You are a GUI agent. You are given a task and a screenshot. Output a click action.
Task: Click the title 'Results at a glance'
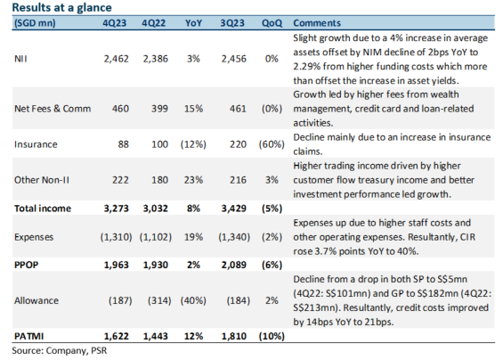[62, 7]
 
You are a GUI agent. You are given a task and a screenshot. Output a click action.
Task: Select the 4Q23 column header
[115, 23]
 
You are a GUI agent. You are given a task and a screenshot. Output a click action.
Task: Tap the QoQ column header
[272, 23]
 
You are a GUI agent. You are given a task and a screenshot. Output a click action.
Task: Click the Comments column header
[317, 23]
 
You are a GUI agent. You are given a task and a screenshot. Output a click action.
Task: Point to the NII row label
[20, 59]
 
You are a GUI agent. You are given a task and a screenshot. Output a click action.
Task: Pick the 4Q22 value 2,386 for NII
[156, 59]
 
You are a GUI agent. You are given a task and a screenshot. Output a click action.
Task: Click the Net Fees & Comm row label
[53, 109]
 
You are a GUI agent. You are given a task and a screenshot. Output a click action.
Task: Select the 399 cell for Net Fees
[159, 109]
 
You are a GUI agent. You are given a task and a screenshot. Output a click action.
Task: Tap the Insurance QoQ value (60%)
[272, 144]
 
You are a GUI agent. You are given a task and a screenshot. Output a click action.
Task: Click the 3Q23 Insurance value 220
[238, 144]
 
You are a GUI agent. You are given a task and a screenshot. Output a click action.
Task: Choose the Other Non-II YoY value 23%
[193, 180]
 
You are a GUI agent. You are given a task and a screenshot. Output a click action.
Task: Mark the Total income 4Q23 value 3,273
[116, 209]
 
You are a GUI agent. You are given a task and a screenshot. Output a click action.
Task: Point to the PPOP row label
[27, 265]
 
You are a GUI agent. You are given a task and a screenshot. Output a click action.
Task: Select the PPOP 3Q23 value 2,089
[234, 265]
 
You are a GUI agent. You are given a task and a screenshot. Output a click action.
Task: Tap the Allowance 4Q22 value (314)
[159, 300]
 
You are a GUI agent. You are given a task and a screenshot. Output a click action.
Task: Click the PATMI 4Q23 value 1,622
[116, 336]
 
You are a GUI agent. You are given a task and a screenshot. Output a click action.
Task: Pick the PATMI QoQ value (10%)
[272, 336]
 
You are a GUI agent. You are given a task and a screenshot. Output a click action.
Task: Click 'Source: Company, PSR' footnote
[60, 350]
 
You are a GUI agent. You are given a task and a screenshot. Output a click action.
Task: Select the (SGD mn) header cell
[35, 23]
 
